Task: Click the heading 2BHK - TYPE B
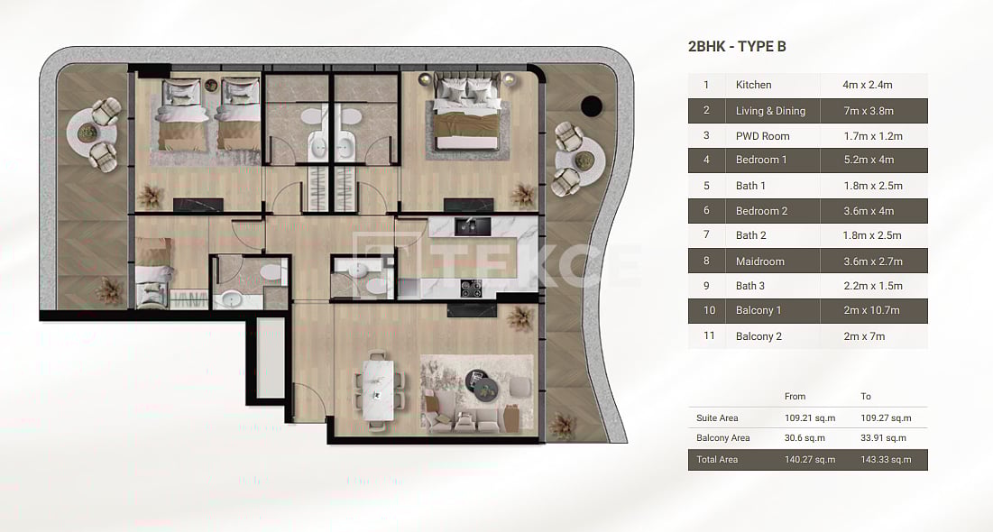tap(737, 47)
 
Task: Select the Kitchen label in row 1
tap(753, 85)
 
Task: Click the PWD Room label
tap(762, 136)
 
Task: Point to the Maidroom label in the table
tap(759, 261)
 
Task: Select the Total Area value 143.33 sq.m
tap(886, 460)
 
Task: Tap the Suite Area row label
tap(717, 418)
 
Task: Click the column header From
tap(795, 397)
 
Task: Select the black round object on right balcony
tap(592, 105)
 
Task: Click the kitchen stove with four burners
tap(471, 289)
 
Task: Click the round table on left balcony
tap(89, 133)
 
